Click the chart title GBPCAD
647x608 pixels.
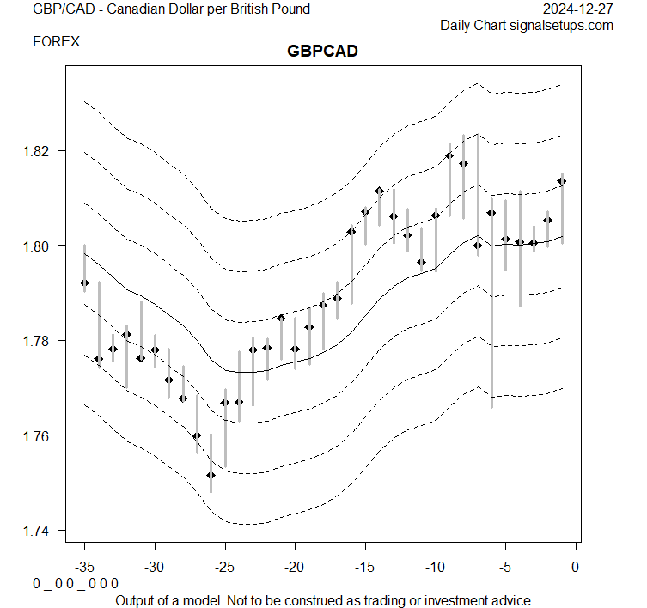[322, 52]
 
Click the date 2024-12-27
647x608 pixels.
[579, 9]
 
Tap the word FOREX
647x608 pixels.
[56, 41]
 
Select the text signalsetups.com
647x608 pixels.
[561, 26]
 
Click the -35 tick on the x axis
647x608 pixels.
[84, 567]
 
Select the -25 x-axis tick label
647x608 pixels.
[225, 567]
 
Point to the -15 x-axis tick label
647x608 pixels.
[365, 567]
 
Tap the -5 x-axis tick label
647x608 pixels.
[505, 567]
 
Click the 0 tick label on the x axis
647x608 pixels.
[576, 567]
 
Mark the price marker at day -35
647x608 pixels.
[84, 283]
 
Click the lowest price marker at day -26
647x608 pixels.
[211, 475]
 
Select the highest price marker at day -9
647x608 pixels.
[449, 156]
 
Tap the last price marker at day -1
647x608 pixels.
[562, 181]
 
